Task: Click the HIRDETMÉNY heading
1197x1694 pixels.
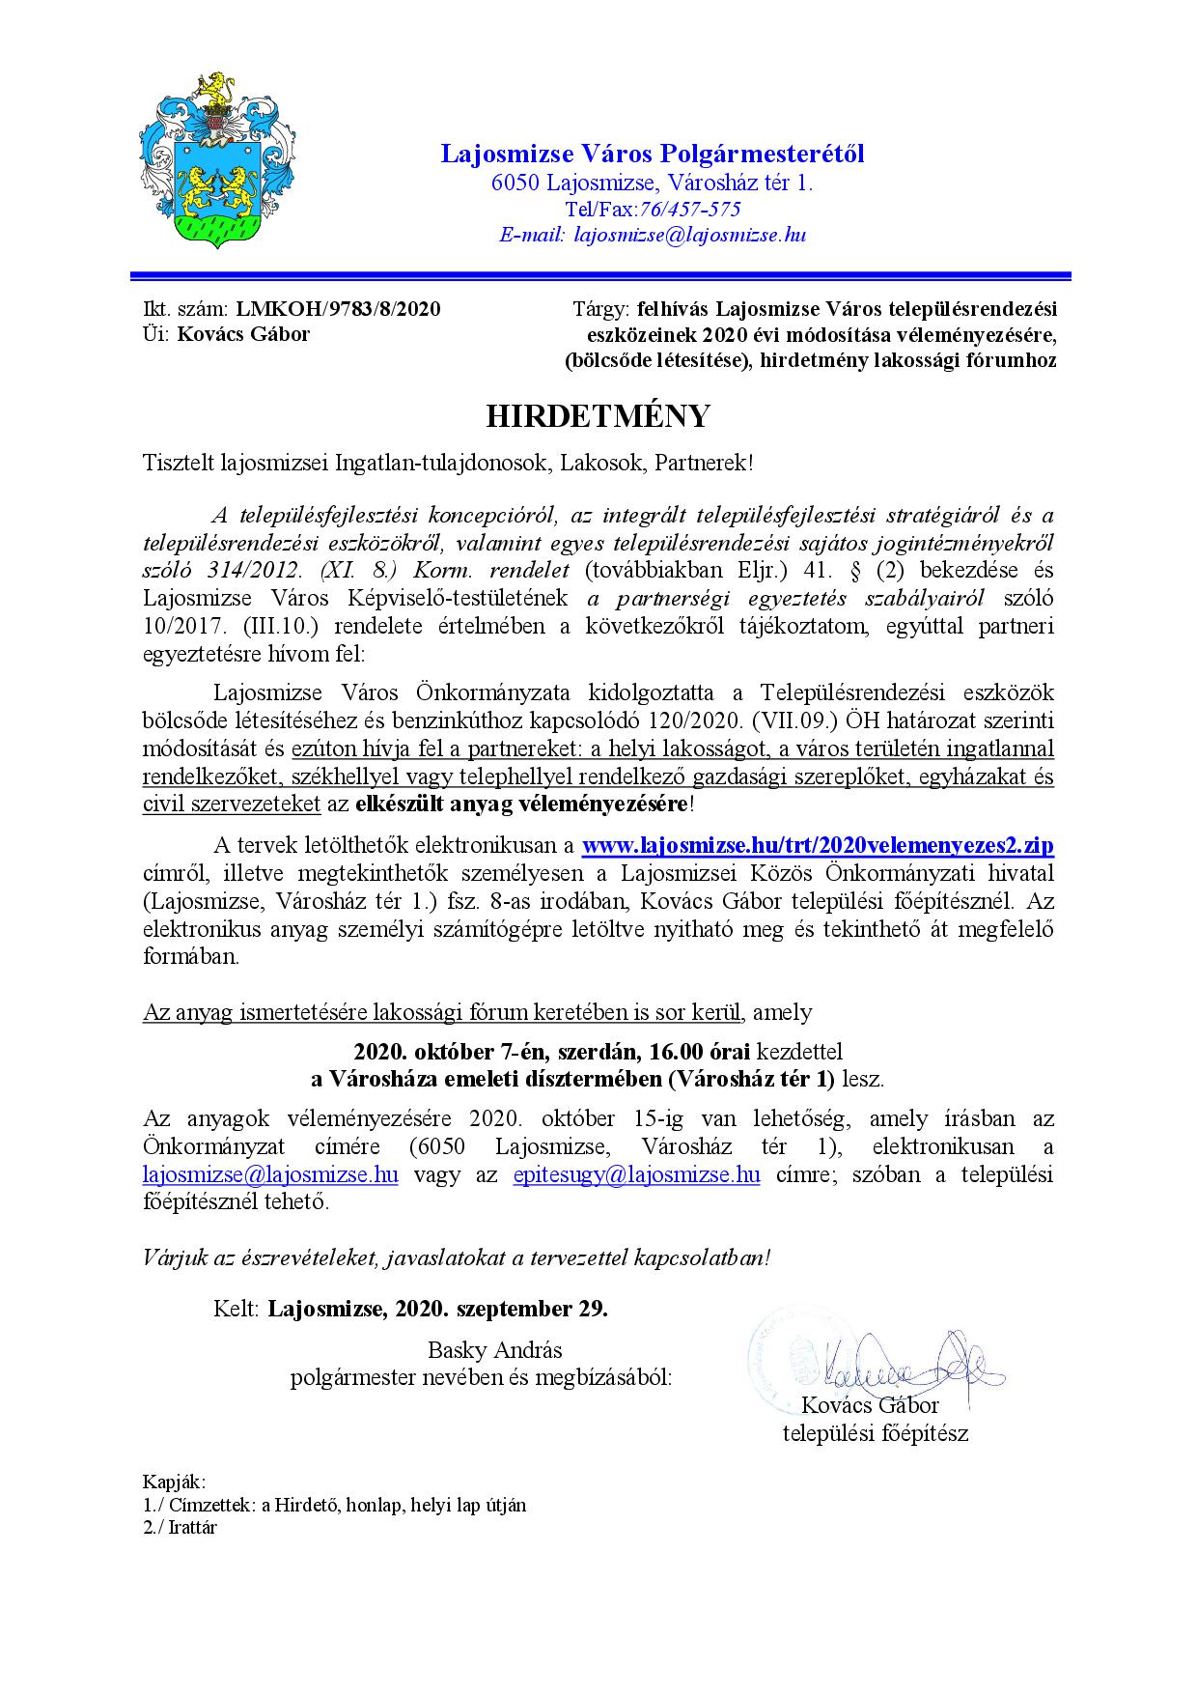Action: pyautogui.click(x=598, y=416)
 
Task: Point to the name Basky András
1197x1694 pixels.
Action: pyautogui.click(x=494, y=1349)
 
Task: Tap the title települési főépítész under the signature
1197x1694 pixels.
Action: pyautogui.click(x=875, y=1433)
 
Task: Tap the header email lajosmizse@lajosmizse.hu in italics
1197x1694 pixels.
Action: pyautogui.click(x=690, y=235)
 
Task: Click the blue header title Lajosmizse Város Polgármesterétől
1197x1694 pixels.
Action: pyautogui.click(x=653, y=154)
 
